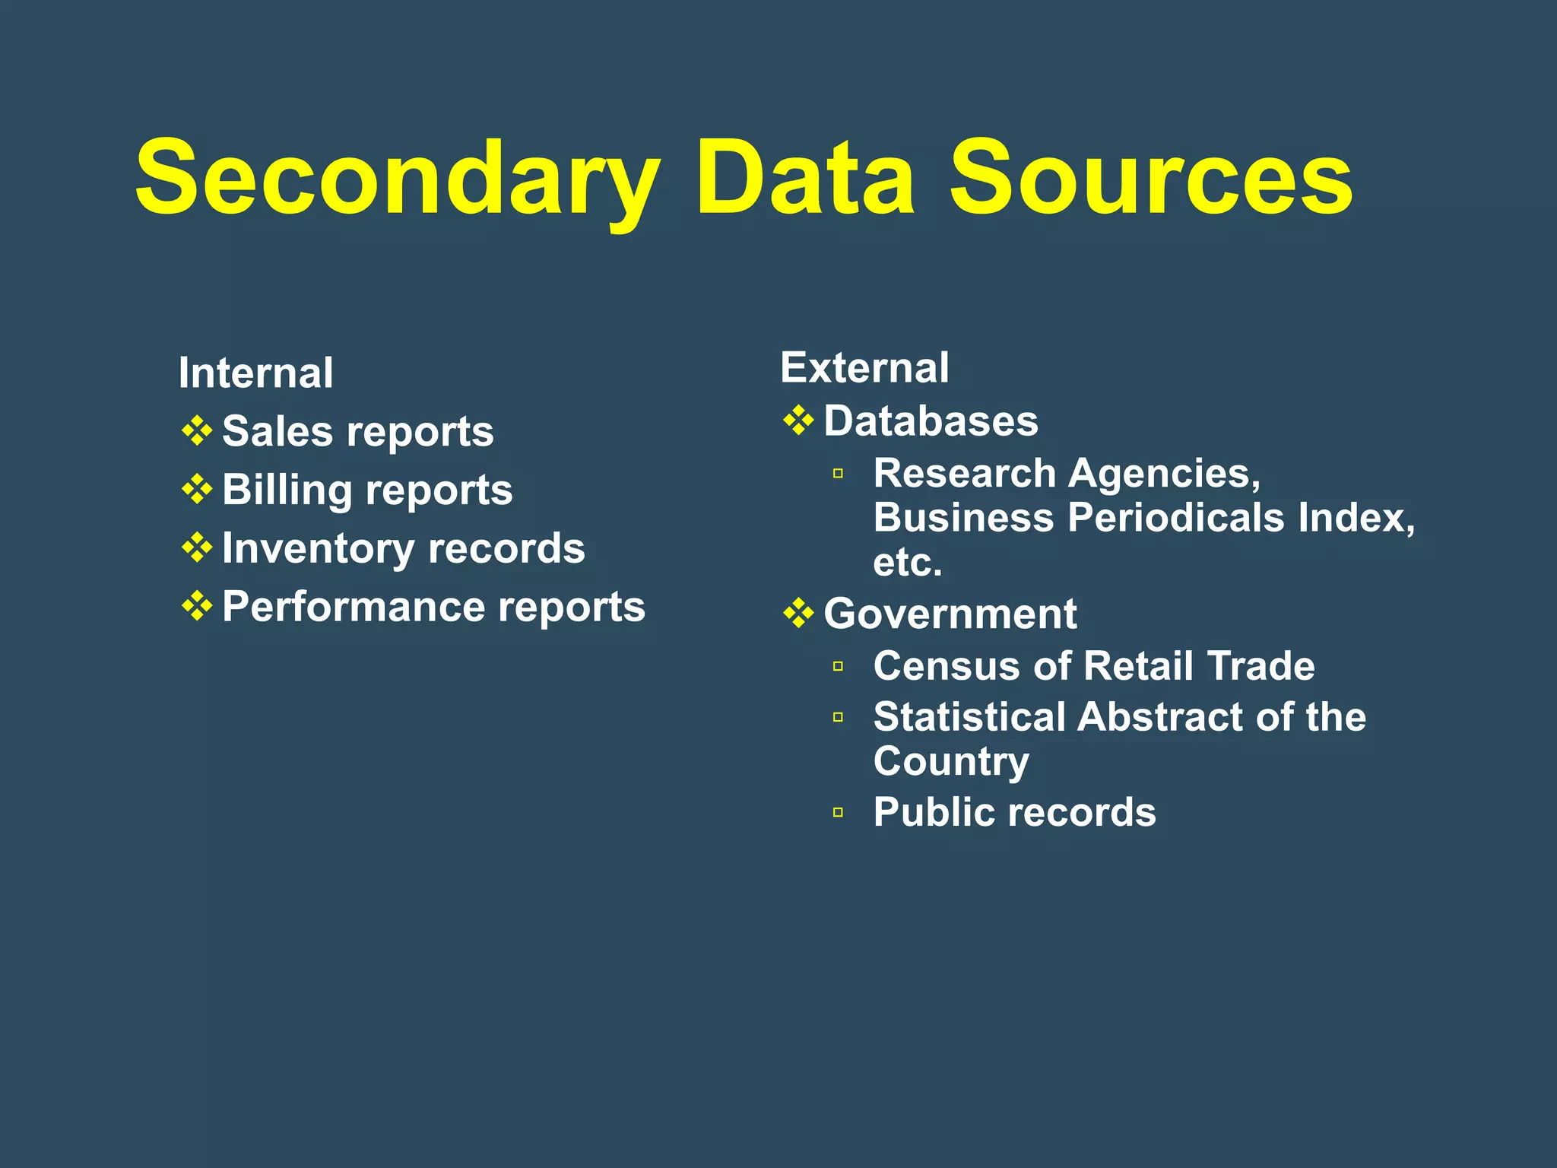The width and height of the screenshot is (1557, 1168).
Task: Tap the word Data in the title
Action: (805, 179)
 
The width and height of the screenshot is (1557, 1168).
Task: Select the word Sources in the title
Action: (1151, 179)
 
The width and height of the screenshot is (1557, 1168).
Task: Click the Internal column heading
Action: (255, 373)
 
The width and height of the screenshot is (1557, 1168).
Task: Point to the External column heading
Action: (864, 368)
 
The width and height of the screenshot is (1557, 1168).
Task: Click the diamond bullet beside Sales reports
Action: (197, 431)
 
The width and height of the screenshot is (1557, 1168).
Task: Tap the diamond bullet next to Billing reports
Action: (197, 489)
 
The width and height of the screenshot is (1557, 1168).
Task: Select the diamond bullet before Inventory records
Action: (197, 547)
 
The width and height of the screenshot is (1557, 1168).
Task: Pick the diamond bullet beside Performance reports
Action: (197, 606)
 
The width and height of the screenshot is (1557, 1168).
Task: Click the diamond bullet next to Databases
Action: (798, 421)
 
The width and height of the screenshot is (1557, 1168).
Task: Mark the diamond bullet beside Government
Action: (798, 613)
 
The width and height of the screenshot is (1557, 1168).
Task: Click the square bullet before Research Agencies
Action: (838, 474)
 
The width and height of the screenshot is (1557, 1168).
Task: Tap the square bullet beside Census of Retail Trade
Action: (838, 666)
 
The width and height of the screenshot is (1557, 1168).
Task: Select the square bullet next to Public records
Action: (838, 812)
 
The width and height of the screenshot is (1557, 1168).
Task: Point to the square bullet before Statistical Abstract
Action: (838, 717)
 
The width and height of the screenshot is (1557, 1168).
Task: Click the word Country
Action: (951, 762)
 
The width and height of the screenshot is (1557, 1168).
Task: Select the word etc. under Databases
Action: (907, 563)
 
